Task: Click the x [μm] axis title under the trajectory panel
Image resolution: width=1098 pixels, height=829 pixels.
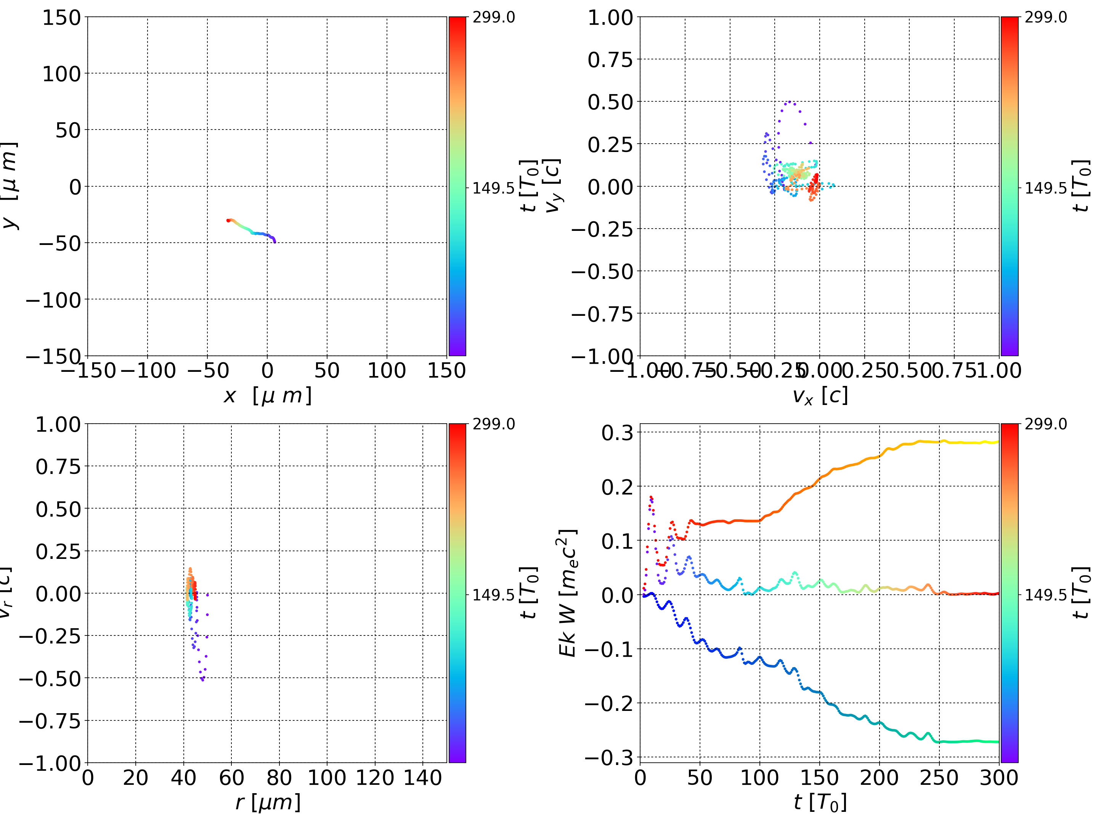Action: tap(268, 395)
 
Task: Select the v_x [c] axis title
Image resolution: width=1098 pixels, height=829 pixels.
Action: tap(820, 395)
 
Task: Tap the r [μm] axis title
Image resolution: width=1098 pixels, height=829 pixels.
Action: tap(268, 802)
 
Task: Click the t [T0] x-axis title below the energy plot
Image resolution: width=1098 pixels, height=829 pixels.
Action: tap(820, 802)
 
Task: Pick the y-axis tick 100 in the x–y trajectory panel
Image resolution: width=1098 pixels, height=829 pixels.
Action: tap(61, 74)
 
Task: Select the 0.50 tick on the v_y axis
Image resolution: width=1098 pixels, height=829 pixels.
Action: tap(610, 102)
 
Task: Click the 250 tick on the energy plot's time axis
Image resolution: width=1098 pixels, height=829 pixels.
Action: tap(939, 778)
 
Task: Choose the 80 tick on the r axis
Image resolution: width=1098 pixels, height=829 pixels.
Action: tap(279, 778)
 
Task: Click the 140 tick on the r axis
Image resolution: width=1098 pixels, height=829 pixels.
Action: tap(422, 778)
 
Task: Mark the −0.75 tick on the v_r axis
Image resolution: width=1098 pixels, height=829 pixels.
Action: tap(50, 721)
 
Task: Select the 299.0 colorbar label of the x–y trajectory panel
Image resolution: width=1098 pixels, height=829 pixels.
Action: tap(493, 18)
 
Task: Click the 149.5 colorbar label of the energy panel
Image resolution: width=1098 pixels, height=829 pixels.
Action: tap(1045, 594)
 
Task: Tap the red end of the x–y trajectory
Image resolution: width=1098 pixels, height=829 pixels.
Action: tap(228, 220)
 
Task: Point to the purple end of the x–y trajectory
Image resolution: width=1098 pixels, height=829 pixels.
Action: tap(274, 242)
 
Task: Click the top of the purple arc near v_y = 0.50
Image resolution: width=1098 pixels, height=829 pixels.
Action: tap(789, 102)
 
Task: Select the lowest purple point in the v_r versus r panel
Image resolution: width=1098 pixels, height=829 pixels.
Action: tap(202, 680)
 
